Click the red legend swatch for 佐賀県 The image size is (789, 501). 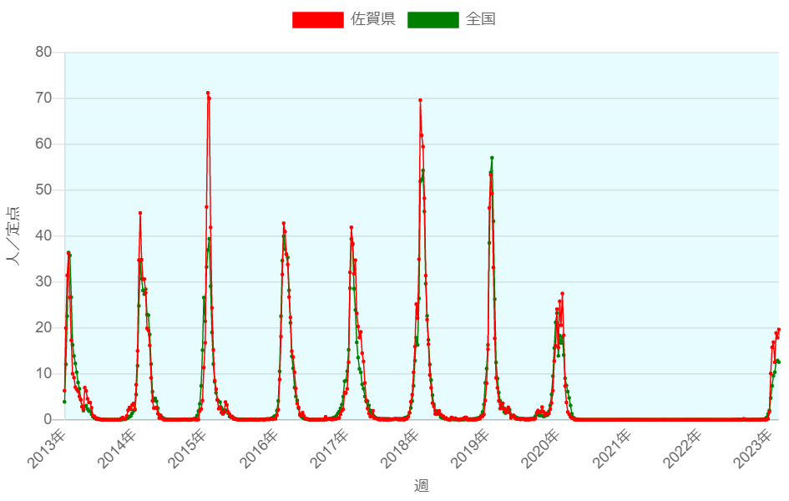(317, 19)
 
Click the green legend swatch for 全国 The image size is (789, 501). (432, 19)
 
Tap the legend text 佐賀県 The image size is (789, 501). (372, 19)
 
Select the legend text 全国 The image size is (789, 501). (480, 19)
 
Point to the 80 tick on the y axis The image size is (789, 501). (44, 53)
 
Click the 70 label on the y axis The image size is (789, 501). (44, 99)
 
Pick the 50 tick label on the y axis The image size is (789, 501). (44, 190)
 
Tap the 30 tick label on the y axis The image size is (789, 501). (44, 282)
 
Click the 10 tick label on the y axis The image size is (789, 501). (44, 374)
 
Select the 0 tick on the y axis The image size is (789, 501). (48, 420)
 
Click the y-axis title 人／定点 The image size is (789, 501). (14, 235)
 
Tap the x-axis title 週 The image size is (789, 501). (422, 485)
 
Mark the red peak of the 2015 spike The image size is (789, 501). (208, 94)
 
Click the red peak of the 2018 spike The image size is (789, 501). (420, 100)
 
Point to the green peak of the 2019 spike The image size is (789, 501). (492, 158)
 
